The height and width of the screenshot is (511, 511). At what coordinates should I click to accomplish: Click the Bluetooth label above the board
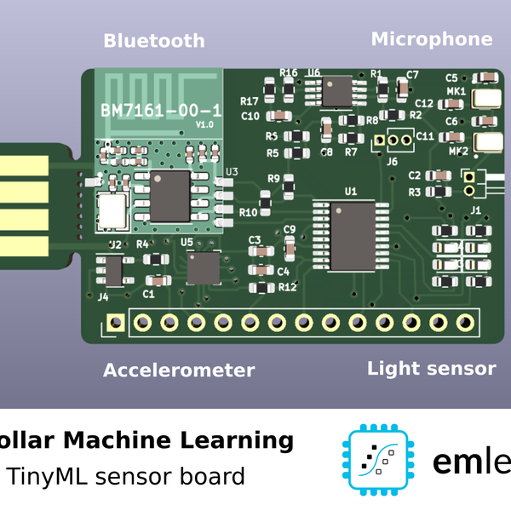(x=154, y=40)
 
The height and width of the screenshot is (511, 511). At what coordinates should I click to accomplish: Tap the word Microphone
(x=431, y=38)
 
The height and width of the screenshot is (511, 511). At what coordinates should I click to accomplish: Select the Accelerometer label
(x=179, y=370)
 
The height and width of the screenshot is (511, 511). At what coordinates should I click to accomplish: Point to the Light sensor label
(x=431, y=368)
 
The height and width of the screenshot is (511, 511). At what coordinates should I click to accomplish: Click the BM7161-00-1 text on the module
(x=161, y=111)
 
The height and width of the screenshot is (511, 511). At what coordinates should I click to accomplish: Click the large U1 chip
(x=345, y=234)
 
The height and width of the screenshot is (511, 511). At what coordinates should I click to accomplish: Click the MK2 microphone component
(x=486, y=143)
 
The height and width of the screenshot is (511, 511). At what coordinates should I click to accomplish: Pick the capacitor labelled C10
(x=278, y=115)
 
